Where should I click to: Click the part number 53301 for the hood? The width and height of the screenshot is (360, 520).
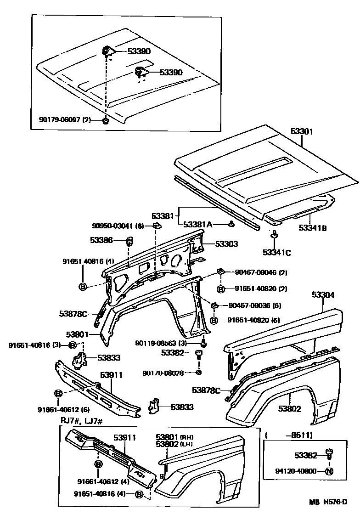tap(301, 131)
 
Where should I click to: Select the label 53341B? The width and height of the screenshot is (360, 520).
tap(313, 227)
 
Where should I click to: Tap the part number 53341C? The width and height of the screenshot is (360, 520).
tap(277, 252)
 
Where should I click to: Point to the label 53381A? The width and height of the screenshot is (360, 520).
tap(198, 224)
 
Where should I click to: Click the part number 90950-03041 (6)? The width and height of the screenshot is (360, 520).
tap(118, 226)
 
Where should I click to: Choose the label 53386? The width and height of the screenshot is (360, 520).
tap(101, 240)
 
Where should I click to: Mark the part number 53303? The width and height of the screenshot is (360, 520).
tap(226, 244)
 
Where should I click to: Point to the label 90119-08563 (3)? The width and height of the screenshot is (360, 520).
tap(161, 343)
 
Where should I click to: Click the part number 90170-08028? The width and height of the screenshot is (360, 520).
tap(163, 373)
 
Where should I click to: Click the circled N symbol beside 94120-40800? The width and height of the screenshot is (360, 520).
tap(329, 471)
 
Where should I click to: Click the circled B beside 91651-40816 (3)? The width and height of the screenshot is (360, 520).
tap(73, 345)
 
